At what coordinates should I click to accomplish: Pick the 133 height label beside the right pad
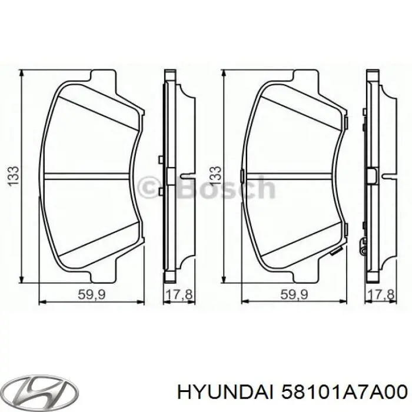tap(215, 175)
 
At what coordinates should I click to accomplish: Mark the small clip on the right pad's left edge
tap(242, 175)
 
